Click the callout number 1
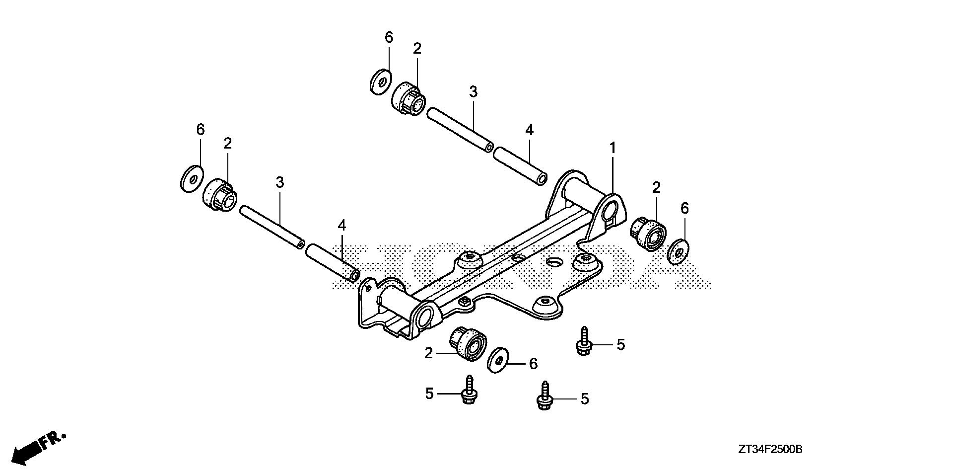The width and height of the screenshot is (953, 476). (613, 148)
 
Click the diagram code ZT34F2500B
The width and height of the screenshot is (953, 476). (769, 450)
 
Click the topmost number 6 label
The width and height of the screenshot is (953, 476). (389, 37)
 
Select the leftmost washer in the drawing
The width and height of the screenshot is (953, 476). (192, 178)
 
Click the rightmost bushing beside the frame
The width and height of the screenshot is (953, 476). (648, 234)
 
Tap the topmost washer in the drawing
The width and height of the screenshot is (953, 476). (381, 81)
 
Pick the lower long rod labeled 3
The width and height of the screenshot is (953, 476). (272, 226)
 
